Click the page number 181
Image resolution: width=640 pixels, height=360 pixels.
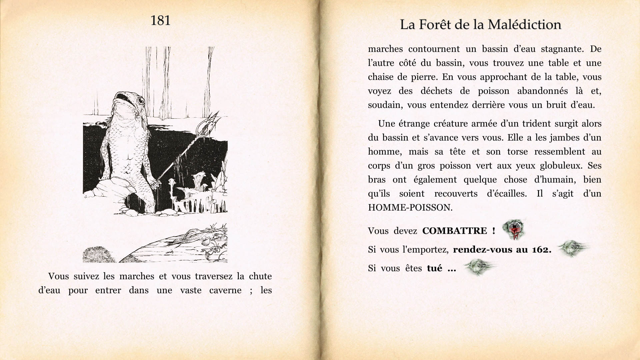pyautogui.click(x=160, y=21)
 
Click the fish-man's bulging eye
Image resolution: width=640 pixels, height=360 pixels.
pyautogui.click(x=141, y=100)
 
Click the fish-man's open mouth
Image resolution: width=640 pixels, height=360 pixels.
pyautogui.click(x=121, y=98)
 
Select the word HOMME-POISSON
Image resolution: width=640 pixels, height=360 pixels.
pyautogui.click(x=410, y=208)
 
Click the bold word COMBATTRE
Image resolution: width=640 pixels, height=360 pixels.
pyautogui.click(x=454, y=231)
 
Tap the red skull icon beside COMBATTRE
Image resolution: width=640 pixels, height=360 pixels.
pyautogui.click(x=514, y=230)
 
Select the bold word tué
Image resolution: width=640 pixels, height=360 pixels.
pyautogui.click(x=434, y=268)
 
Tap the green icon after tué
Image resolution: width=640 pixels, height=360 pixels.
pyautogui.click(x=479, y=267)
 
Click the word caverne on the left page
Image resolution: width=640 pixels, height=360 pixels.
pyautogui.click(x=225, y=290)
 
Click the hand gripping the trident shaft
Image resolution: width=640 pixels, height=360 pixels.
pyautogui.click(x=154, y=183)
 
